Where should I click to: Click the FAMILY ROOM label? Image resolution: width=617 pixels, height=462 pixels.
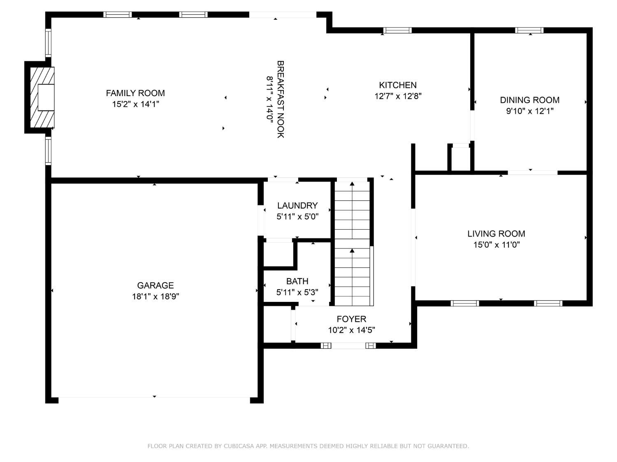[x=135, y=93]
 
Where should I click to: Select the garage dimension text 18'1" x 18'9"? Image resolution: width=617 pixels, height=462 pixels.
[x=155, y=297]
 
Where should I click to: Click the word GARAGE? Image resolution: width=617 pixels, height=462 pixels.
[x=155, y=285]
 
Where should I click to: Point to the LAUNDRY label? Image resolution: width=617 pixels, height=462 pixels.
[x=297, y=206]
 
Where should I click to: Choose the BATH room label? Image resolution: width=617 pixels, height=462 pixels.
[x=297, y=281]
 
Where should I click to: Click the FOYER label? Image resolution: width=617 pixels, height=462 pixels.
[x=351, y=319]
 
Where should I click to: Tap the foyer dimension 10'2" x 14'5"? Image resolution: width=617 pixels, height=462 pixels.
[x=351, y=330]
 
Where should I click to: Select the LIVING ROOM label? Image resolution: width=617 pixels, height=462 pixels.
[x=496, y=234]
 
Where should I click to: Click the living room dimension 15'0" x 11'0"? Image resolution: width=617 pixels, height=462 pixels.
[x=496, y=245]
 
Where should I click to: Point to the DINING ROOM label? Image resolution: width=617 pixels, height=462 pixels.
[x=529, y=100]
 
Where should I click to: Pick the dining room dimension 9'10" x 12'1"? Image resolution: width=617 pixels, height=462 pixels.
[x=529, y=111]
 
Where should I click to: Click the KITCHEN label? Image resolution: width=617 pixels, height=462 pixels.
[x=398, y=85]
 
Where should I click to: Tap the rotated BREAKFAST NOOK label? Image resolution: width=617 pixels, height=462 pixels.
[x=281, y=99]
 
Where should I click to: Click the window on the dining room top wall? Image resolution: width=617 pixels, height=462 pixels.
[x=529, y=30]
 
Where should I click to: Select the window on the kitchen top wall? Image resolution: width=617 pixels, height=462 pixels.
[x=397, y=30]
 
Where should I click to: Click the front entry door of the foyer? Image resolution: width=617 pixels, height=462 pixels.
[x=348, y=346]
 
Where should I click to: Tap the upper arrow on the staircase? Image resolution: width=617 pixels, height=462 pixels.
[x=352, y=183]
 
